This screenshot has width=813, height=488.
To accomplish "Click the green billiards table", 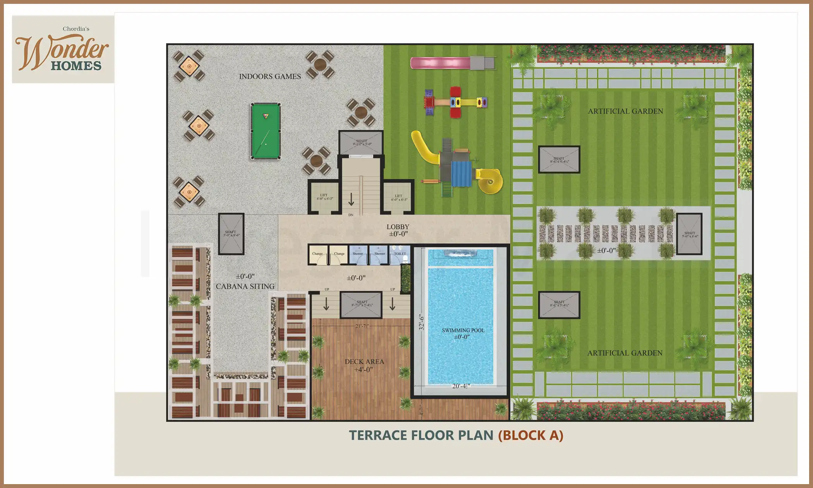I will [x=266, y=131].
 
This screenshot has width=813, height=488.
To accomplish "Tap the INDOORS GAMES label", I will [x=270, y=76].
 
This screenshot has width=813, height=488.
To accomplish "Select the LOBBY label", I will [x=398, y=227].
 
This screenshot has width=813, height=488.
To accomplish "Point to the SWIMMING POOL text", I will [x=463, y=330].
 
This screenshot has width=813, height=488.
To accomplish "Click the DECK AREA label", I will [x=364, y=362].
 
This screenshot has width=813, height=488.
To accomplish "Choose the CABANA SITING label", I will [x=245, y=286].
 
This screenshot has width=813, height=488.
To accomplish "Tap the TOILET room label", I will [x=400, y=254].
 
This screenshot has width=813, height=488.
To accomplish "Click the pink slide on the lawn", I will [x=441, y=63].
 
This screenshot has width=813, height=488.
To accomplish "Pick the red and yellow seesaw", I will [x=456, y=102].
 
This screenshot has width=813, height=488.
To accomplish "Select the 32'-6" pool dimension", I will [x=422, y=322].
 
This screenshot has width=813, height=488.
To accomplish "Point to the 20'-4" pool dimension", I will [x=461, y=386].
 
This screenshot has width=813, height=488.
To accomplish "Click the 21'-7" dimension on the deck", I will [x=362, y=326].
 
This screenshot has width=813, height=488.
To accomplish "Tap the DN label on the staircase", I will [x=351, y=215].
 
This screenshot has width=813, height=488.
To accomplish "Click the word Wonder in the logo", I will [x=62, y=51].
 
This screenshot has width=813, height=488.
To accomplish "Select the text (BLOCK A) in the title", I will [x=530, y=435].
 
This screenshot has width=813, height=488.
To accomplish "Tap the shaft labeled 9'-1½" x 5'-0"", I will [x=362, y=143].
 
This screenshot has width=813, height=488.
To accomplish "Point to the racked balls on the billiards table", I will [x=266, y=115].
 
